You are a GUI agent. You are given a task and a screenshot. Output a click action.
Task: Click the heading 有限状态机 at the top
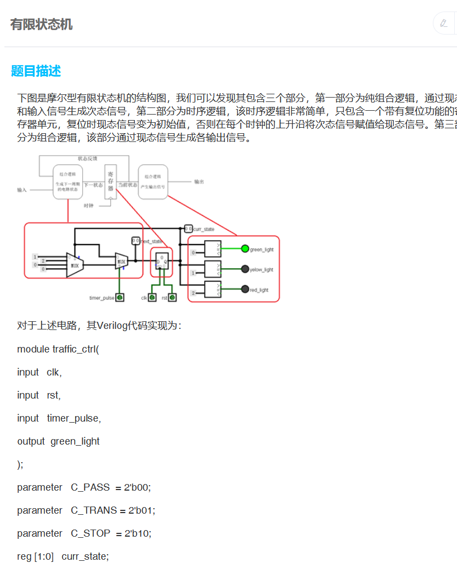click(x=41, y=25)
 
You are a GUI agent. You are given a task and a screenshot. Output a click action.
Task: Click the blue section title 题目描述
click(x=36, y=71)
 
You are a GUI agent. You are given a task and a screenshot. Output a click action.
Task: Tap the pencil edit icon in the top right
click(x=443, y=23)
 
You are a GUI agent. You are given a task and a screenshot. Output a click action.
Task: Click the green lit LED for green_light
click(x=245, y=249)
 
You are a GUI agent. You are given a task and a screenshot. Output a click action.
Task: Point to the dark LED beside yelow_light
click(x=245, y=269)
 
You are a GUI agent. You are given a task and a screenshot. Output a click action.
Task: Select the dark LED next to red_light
click(x=245, y=289)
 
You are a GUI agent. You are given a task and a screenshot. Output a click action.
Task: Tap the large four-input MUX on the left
click(x=74, y=265)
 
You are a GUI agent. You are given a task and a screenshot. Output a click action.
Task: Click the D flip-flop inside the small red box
click(x=161, y=261)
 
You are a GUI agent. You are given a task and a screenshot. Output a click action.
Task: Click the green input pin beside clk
click(x=152, y=298)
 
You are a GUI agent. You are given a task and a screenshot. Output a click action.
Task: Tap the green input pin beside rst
click(x=172, y=298)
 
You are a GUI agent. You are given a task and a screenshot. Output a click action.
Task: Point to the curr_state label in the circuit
click(x=204, y=229)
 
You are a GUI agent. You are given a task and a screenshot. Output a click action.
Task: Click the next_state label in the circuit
click(x=151, y=241)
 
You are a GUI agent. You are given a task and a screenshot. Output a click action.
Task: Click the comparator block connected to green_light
click(x=212, y=249)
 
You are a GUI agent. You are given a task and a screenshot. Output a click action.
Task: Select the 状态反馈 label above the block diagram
click(x=87, y=158)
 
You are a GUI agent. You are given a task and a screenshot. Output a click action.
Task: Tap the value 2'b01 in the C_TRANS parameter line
click(x=142, y=510)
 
